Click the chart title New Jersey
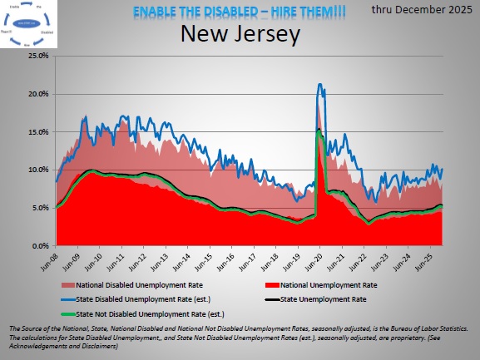click(240, 35)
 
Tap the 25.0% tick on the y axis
click(37, 56)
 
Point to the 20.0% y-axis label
click(37, 94)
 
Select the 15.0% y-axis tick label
click(37, 132)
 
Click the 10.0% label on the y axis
click(37, 170)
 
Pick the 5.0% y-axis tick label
click(39, 208)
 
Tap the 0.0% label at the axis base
click(39, 246)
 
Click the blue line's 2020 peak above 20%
click(320, 85)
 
